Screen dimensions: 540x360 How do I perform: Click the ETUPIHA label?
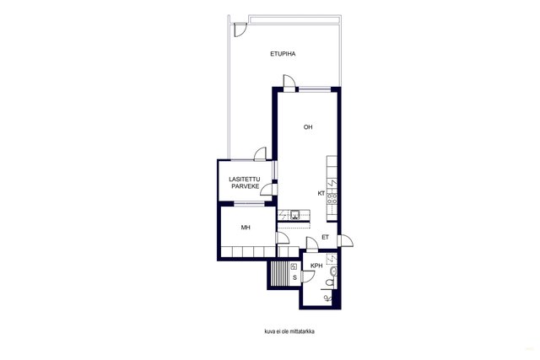point(283,54)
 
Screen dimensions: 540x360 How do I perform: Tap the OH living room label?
point(308,127)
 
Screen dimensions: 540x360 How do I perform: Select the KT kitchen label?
point(321,193)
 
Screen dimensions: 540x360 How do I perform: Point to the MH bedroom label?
point(246,228)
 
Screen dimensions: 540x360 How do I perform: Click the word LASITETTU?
point(245,180)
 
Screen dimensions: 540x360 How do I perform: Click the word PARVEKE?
point(246,186)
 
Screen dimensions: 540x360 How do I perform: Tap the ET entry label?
point(325,237)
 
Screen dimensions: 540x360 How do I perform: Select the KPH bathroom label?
point(316,266)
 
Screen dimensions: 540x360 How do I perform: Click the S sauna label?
point(294,277)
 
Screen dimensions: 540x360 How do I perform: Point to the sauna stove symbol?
point(294,266)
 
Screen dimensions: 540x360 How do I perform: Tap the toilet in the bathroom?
point(330,283)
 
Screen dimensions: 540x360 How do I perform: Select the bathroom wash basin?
point(332,271)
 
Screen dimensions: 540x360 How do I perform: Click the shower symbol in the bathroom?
point(328,298)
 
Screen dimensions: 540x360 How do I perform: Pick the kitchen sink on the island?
point(294,215)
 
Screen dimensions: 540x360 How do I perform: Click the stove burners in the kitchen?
point(332,199)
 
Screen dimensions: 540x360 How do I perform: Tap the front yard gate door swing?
point(240,30)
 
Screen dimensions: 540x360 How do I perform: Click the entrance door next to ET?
point(345,240)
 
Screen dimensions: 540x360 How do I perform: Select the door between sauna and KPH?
point(308,277)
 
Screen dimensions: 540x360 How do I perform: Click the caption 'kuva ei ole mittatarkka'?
point(289,332)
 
